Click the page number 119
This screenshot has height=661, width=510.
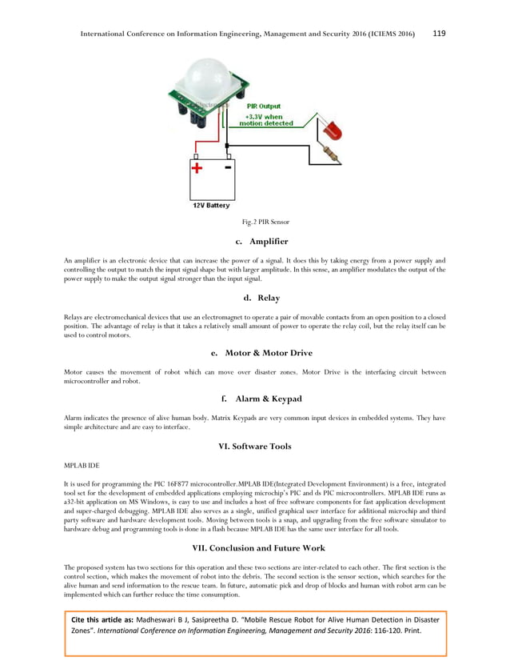pyautogui.click(x=439, y=34)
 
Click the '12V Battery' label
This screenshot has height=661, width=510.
pyautogui.click(x=210, y=206)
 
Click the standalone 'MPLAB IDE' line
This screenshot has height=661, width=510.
pyautogui.click(x=82, y=464)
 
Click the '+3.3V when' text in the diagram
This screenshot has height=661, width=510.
pyautogui.click(x=263, y=115)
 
